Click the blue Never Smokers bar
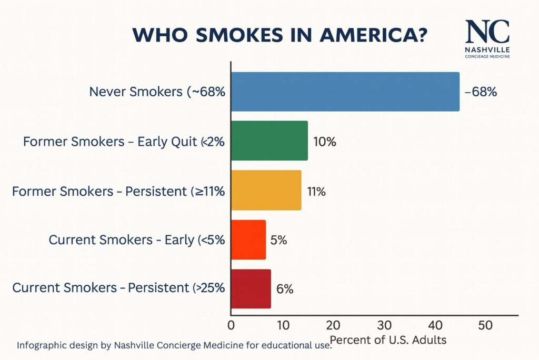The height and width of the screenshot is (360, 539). click(345, 92)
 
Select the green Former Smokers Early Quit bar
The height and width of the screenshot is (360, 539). click(269, 141)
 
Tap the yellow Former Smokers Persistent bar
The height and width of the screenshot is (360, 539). click(266, 190)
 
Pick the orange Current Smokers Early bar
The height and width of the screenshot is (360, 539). click(248, 240)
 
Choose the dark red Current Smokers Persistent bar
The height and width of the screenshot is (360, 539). click(251, 289)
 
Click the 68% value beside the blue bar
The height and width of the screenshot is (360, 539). click(481, 92)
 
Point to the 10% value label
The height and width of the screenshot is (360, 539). click(324, 142)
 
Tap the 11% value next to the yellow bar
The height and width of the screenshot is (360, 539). click(316, 191)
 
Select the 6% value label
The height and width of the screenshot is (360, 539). click(285, 289)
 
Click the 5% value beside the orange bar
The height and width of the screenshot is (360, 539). click(278, 241)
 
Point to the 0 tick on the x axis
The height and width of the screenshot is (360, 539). click(231, 325)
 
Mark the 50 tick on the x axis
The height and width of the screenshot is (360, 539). click(486, 325)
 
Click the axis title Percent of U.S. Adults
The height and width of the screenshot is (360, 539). click(388, 340)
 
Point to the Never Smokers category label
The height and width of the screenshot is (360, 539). click(157, 92)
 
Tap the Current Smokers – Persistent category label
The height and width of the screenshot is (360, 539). click(118, 288)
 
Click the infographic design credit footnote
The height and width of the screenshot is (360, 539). click(174, 346)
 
